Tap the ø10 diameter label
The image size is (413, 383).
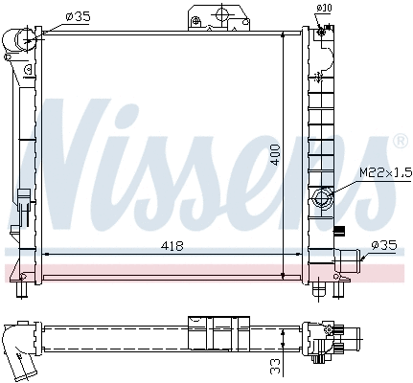point(324,9)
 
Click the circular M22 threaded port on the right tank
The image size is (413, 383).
point(322,199)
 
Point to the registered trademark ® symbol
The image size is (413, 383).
point(400,143)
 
